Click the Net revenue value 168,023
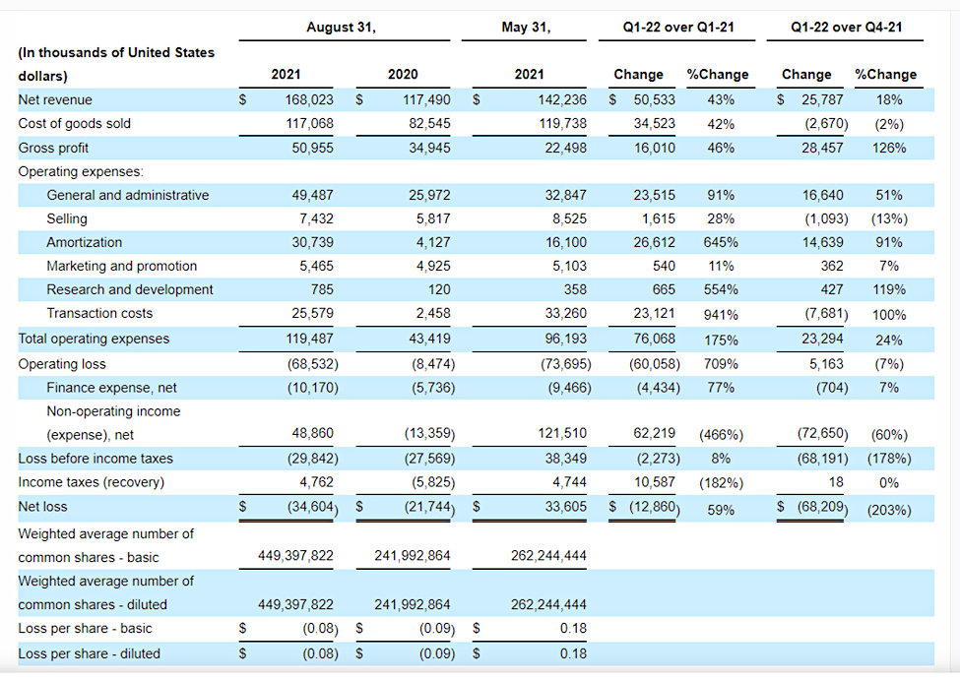point(309,99)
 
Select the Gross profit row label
point(53,148)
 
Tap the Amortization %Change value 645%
point(721,242)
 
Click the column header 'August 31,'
point(341,27)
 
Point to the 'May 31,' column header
point(526,27)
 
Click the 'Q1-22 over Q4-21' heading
point(846,27)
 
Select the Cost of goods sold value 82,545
point(429,124)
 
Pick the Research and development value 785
point(322,289)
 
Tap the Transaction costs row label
point(99,313)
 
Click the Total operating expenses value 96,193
point(566,339)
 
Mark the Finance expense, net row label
point(111,388)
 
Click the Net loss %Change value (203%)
point(889,511)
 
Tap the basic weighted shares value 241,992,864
point(412,556)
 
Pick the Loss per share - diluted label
point(89,653)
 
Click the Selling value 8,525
point(569,218)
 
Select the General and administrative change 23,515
point(655,195)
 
